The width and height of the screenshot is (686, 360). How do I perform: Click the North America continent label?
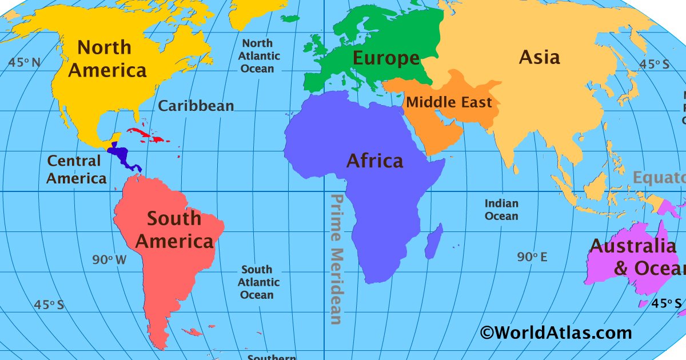tap(107, 59)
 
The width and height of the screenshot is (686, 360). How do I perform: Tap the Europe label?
tap(386, 58)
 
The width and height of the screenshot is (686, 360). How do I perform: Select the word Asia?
tap(539, 57)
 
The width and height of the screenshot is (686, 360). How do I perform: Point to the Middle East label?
tap(449, 103)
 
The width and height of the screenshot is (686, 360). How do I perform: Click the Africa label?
tap(374, 161)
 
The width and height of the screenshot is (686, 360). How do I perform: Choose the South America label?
tap(174, 230)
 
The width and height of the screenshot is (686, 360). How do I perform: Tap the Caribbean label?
tap(196, 106)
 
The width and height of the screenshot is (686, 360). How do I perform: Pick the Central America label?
tap(76, 170)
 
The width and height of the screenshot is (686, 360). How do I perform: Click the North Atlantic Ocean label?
tap(260, 56)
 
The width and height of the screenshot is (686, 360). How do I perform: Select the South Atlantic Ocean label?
tap(259, 282)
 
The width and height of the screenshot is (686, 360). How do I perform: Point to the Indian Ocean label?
tap(501, 210)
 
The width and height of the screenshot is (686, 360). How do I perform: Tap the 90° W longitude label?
tap(109, 260)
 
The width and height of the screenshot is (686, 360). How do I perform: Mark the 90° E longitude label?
tap(532, 258)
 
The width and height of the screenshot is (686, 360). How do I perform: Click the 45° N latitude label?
tap(25, 62)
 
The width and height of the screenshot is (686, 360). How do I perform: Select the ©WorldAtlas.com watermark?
tap(556, 333)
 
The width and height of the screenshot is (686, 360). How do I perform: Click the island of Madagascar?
tap(434, 241)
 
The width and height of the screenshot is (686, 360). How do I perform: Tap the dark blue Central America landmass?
tap(122, 154)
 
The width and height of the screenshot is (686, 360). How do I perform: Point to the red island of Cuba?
tap(143, 135)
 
